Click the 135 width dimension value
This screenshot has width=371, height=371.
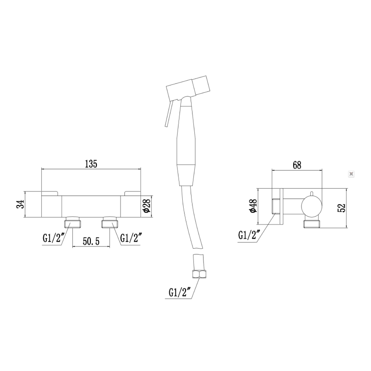[90, 164]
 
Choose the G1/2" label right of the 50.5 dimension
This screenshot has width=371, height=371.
[131, 238]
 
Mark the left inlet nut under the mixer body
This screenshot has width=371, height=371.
[72, 223]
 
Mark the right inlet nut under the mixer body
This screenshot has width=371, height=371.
[109, 223]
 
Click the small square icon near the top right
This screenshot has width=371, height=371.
[351, 174]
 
